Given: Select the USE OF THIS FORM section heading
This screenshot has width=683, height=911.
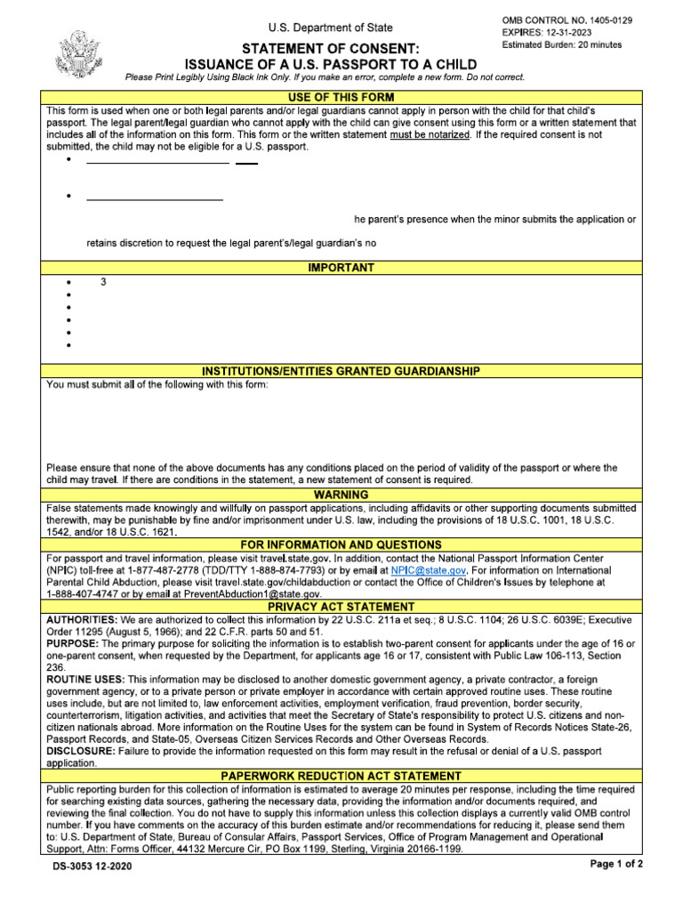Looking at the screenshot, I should pyautogui.click(x=341, y=96).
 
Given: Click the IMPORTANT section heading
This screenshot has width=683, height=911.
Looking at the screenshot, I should pyautogui.click(x=341, y=268).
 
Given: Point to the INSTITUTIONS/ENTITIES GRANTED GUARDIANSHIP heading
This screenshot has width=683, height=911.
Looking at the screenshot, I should pyautogui.click(x=341, y=371).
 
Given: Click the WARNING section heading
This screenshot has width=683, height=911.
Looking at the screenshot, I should pyautogui.click(x=341, y=495).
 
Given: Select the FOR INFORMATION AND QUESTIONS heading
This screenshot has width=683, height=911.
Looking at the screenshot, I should pyautogui.click(x=341, y=544).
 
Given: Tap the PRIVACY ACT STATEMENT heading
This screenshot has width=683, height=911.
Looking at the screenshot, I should pyautogui.click(x=341, y=607).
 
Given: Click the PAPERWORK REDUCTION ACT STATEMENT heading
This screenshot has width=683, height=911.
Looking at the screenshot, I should pyautogui.click(x=341, y=777).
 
